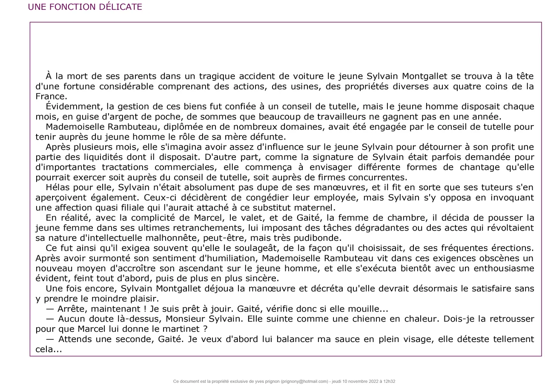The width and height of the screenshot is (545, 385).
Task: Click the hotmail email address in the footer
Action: (304, 382)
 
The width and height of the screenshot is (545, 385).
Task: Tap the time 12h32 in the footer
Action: (389, 382)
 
